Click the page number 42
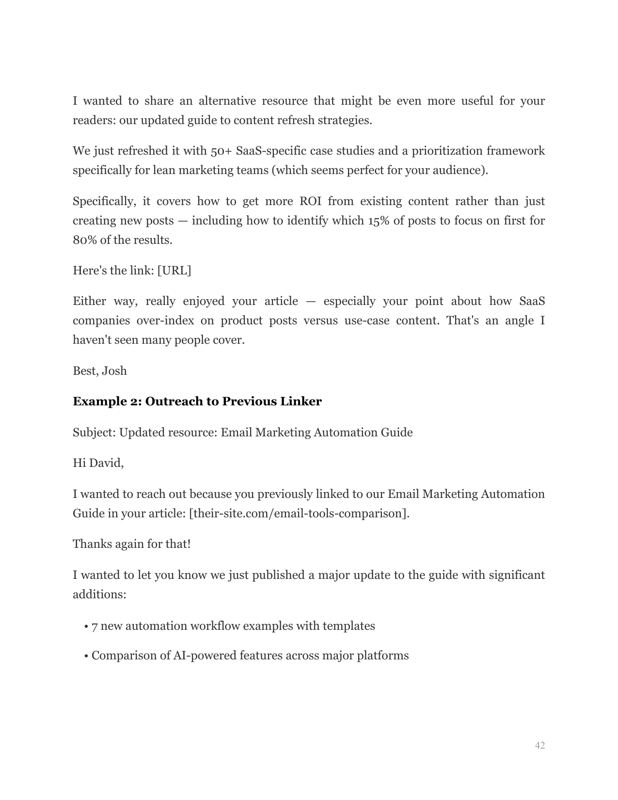click(x=539, y=745)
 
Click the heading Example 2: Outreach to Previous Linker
click(x=197, y=401)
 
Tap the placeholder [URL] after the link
click(x=174, y=271)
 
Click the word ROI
click(x=310, y=201)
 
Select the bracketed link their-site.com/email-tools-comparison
click(x=299, y=513)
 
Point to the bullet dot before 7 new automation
click(x=86, y=626)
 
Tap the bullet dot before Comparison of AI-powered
click(x=86, y=656)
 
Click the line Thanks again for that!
click(x=131, y=544)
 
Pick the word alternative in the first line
click(x=227, y=101)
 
